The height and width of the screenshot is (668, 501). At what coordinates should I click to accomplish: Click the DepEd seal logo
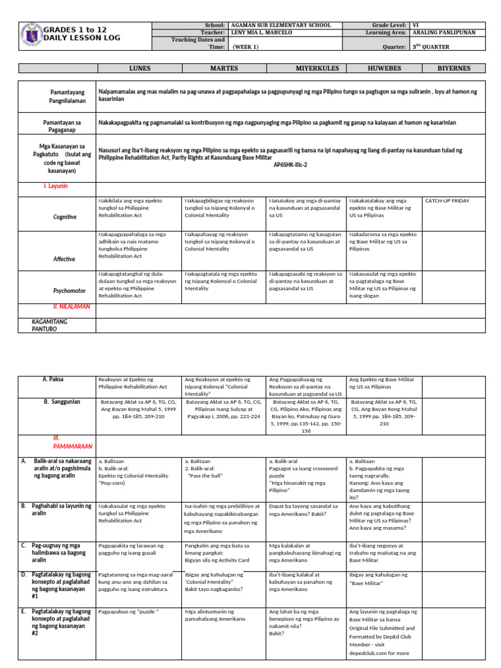(x=31, y=35)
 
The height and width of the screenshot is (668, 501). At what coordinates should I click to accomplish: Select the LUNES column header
(x=139, y=68)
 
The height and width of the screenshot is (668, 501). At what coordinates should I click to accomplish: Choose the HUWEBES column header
(x=385, y=68)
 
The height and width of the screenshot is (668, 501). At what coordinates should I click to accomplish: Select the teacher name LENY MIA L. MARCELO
(x=262, y=32)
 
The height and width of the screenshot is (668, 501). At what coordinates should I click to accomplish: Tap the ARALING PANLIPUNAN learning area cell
(x=444, y=32)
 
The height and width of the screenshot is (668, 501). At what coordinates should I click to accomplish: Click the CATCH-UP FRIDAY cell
(x=448, y=202)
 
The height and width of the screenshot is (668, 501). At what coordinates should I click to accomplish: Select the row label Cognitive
(x=65, y=217)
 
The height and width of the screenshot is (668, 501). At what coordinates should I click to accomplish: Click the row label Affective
(x=65, y=259)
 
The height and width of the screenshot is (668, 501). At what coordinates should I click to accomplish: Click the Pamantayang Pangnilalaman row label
(x=57, y=97)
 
